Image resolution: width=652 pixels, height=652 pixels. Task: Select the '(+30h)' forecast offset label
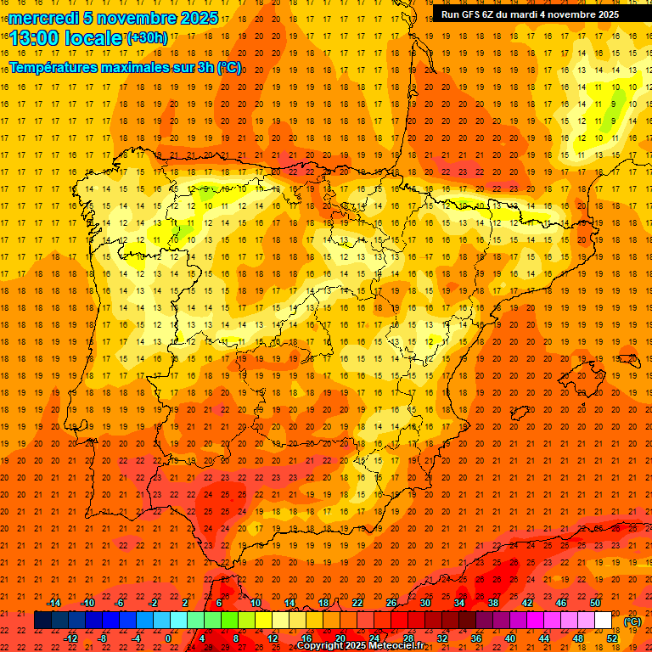pos(147,38)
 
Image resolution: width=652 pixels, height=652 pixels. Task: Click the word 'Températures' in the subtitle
pos(56,67)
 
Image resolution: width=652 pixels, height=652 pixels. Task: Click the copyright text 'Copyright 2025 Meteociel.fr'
pos(360,646)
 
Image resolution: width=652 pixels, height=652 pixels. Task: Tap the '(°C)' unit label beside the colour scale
pos(632,621)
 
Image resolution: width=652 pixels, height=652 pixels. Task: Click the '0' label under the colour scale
pos(168,638)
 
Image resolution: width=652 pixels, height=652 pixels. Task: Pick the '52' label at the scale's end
pos(613,638)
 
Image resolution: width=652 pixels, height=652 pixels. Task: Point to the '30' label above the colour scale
pos(424,603)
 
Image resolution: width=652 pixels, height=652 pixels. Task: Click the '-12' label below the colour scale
pos(70,638)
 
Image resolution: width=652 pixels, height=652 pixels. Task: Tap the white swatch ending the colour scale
pos(604,621)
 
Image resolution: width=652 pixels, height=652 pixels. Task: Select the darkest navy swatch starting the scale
pos(42,621)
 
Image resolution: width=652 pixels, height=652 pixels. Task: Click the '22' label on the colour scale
pos(357,603)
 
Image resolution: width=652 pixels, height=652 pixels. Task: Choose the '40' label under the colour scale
pos(510,638)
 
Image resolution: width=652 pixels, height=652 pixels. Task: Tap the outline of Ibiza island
pos(518,413)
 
